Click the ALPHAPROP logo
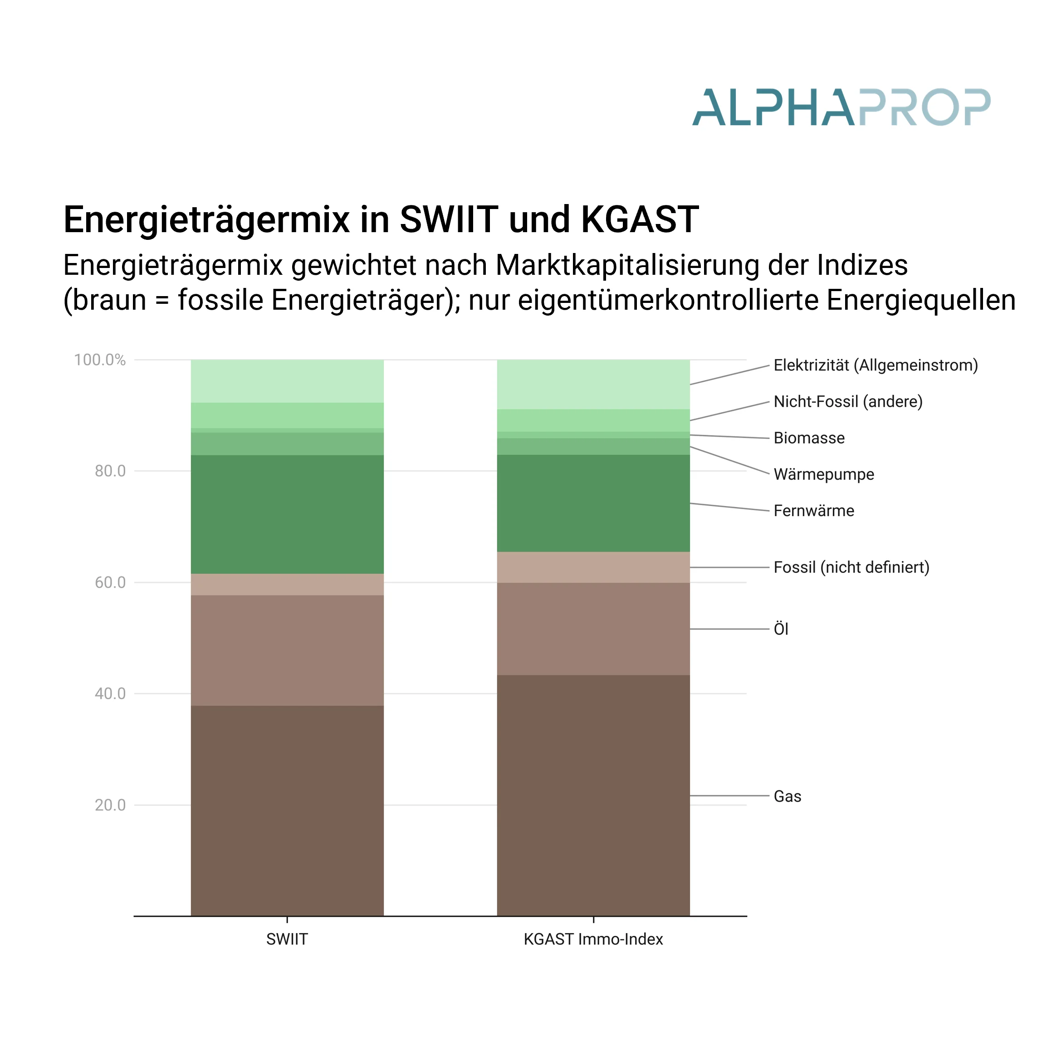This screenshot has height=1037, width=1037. (841, 107)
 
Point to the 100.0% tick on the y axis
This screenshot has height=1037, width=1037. (100, 360)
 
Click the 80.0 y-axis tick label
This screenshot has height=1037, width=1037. (110, 471)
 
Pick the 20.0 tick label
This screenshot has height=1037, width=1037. (110, 805)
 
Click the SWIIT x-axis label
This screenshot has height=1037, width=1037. (287, 940)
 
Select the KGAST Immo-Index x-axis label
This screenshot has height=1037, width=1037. (593, 940)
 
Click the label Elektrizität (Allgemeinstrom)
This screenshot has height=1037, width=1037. (876, 365)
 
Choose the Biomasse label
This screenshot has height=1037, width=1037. (809, 438)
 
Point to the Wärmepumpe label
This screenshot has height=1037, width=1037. (823, 474)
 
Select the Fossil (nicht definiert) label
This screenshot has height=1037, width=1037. (851, 567)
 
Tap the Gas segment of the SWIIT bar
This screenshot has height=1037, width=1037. (287, 810)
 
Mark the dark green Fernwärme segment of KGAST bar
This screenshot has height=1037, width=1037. (593, 503)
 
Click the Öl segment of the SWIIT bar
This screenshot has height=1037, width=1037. (287, 651)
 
